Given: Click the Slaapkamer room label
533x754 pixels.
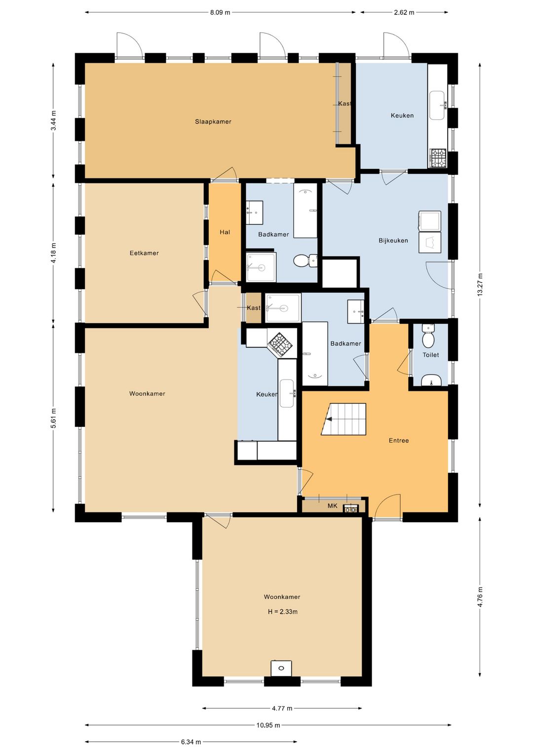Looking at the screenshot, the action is (x=213, y=122).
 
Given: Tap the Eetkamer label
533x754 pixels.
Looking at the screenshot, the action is (x=144, y=253).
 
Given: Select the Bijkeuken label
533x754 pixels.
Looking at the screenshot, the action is (x=393, y=240).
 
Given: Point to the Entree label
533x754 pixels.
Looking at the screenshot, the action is (x=399, y=440).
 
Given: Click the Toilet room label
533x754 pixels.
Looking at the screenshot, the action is (x=431, y=355).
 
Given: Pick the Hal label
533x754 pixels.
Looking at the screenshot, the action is (x=225, y=232).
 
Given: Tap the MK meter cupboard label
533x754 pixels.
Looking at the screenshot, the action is (x=332, y=506).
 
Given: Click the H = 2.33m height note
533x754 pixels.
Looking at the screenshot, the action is (x=282, y=612).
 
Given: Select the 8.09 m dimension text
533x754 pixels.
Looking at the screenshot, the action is (x=220, y=12).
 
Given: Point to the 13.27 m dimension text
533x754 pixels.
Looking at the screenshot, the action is (x=480, y=285).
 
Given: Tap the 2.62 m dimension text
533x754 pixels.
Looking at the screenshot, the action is (x=404, y=12).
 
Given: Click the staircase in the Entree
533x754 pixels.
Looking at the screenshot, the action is (x=343, y=419).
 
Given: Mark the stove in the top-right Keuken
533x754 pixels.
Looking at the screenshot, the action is (x=438, y=159).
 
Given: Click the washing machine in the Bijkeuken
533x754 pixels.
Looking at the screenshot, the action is (x=430, y=221).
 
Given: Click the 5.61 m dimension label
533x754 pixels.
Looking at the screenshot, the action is (x=53, y=418).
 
